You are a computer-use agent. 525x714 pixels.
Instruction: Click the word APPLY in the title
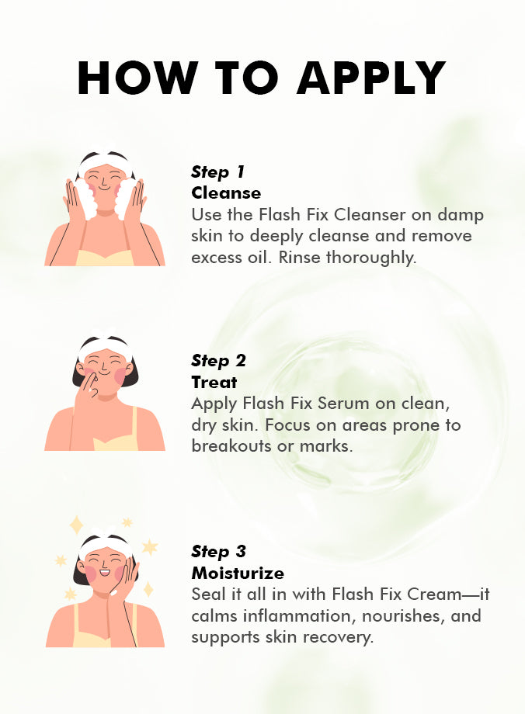[371, 78]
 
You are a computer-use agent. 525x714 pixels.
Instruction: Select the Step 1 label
[217, 172]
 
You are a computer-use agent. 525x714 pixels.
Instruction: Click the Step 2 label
[219, 361]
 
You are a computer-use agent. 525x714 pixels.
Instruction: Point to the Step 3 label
[219, 552]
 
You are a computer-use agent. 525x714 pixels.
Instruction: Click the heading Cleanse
[226, 193]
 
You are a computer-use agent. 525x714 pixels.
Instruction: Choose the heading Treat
[214, 382]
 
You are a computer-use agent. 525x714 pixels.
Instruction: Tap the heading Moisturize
[238, 573]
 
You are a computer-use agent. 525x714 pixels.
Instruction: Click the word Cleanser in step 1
[370, 214]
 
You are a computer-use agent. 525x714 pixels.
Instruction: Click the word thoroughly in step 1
[371, 258]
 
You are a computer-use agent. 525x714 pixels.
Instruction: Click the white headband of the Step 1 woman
[106, 163]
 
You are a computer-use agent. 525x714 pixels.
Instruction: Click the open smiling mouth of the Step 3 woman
[105, 571]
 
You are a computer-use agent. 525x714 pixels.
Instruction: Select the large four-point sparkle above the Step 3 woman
[76, 525]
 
